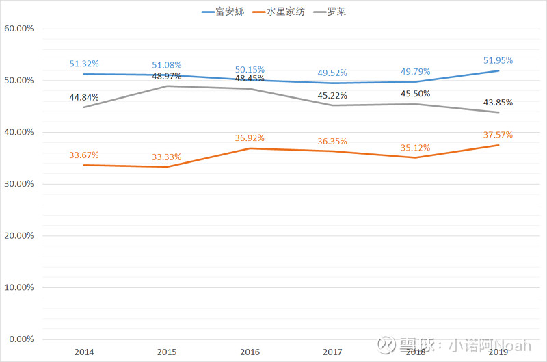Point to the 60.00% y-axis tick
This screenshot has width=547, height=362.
(x=19, y=29)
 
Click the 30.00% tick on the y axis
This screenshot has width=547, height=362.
(x=19, y=184)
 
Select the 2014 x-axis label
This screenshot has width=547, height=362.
(x=83, y=352)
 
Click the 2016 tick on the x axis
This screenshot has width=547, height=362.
(x=250, y=352)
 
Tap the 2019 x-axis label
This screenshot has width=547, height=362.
(x=498, y=352)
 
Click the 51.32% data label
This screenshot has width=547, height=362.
(x=83, y=64)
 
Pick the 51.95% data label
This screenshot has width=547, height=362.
(x=498, y=60)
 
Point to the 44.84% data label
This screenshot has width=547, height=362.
(x=83, y=97)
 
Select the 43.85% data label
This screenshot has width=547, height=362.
(x=498, y=103)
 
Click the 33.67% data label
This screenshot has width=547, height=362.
(x=83, y=155)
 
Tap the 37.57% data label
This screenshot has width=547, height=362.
(x=498, y=135)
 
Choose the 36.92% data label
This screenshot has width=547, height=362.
(x=250, y=138)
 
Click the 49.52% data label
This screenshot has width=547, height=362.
(x=332, y=73)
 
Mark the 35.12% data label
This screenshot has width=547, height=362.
(x=416, y=147)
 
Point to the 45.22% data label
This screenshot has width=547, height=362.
(x=332, y=95)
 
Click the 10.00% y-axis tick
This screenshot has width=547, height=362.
(x=19, y=287)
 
